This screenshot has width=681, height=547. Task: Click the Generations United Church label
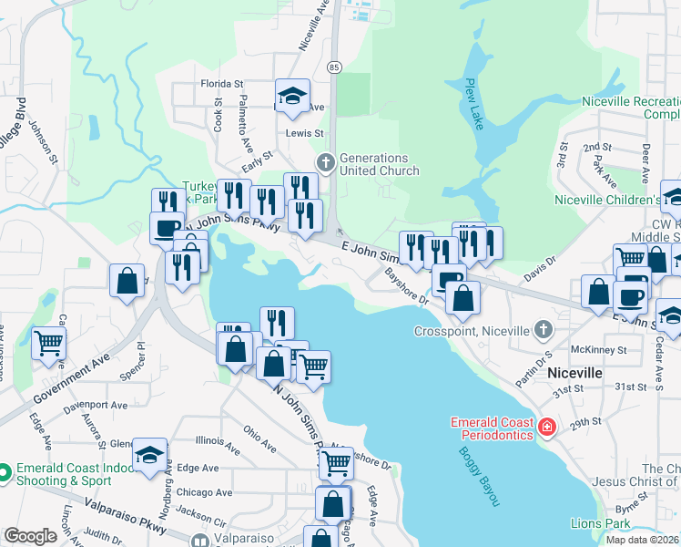379,164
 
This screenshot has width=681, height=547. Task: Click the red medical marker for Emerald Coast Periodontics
546,426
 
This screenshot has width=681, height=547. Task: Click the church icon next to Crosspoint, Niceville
544,329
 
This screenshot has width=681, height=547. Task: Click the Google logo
30,536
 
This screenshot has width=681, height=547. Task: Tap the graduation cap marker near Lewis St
292,95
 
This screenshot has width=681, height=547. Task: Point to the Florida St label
222,83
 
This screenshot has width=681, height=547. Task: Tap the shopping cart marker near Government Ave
49,343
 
